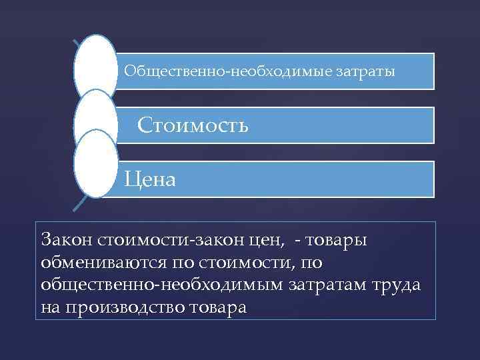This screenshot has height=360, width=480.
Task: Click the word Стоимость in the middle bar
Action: coord(193,124)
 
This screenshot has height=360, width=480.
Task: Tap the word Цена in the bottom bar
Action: coord(150,179)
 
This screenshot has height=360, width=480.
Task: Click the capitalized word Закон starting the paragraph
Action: coord(67,239)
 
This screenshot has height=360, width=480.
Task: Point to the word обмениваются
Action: coord(107,261)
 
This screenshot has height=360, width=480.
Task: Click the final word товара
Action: coord(219,308)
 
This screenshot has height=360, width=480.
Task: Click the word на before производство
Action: coord(50,308)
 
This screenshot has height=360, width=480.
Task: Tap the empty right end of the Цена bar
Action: coord(373,179)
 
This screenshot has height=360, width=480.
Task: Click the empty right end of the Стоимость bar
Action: coord(373,124)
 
